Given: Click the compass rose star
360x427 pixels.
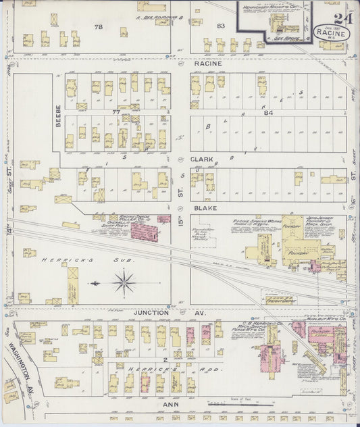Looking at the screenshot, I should (x=124, y=282).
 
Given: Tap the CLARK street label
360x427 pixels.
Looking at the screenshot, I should (x=202, y=160).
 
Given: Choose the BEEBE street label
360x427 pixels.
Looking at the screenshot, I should (x=58, y=116).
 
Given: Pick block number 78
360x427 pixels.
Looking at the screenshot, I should (x=99, y=26).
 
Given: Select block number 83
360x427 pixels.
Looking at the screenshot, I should (x=220, y=26).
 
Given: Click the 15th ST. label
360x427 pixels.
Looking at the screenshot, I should (x=181, y=231).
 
